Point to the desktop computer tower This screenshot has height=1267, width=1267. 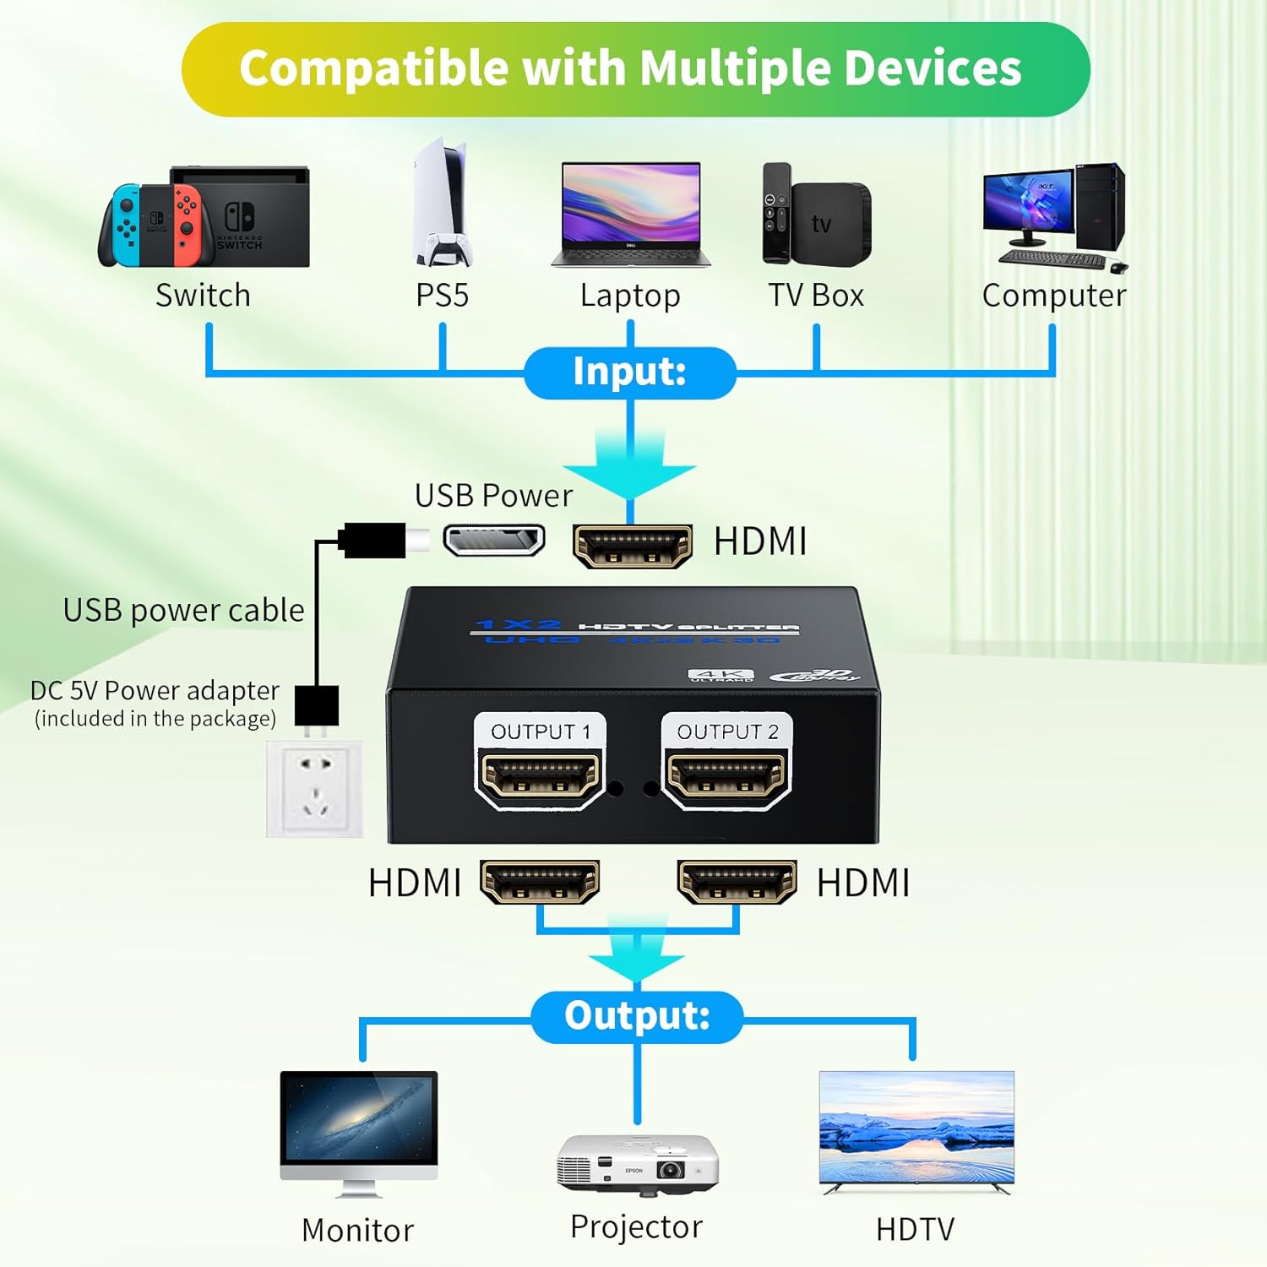tap(1100, 206)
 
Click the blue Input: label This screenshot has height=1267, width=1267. tap(629, 372)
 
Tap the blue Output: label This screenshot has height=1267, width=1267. tap(637, 1016)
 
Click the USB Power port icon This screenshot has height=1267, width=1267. tap(494, 541)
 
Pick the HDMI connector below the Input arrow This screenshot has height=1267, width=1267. tap(632, 546)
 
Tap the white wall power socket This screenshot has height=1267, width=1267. tap(315, 789)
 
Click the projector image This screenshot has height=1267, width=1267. tap(637, 1165)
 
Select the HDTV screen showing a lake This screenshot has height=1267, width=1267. tap(916, 1128)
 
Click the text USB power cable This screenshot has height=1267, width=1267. tap(183, 611)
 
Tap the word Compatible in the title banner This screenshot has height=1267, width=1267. tap(372, 68)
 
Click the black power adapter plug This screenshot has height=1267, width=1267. tap(317, 706)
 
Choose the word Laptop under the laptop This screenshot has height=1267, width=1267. tap(630, 296)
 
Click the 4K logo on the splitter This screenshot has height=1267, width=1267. tap(721, 676)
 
